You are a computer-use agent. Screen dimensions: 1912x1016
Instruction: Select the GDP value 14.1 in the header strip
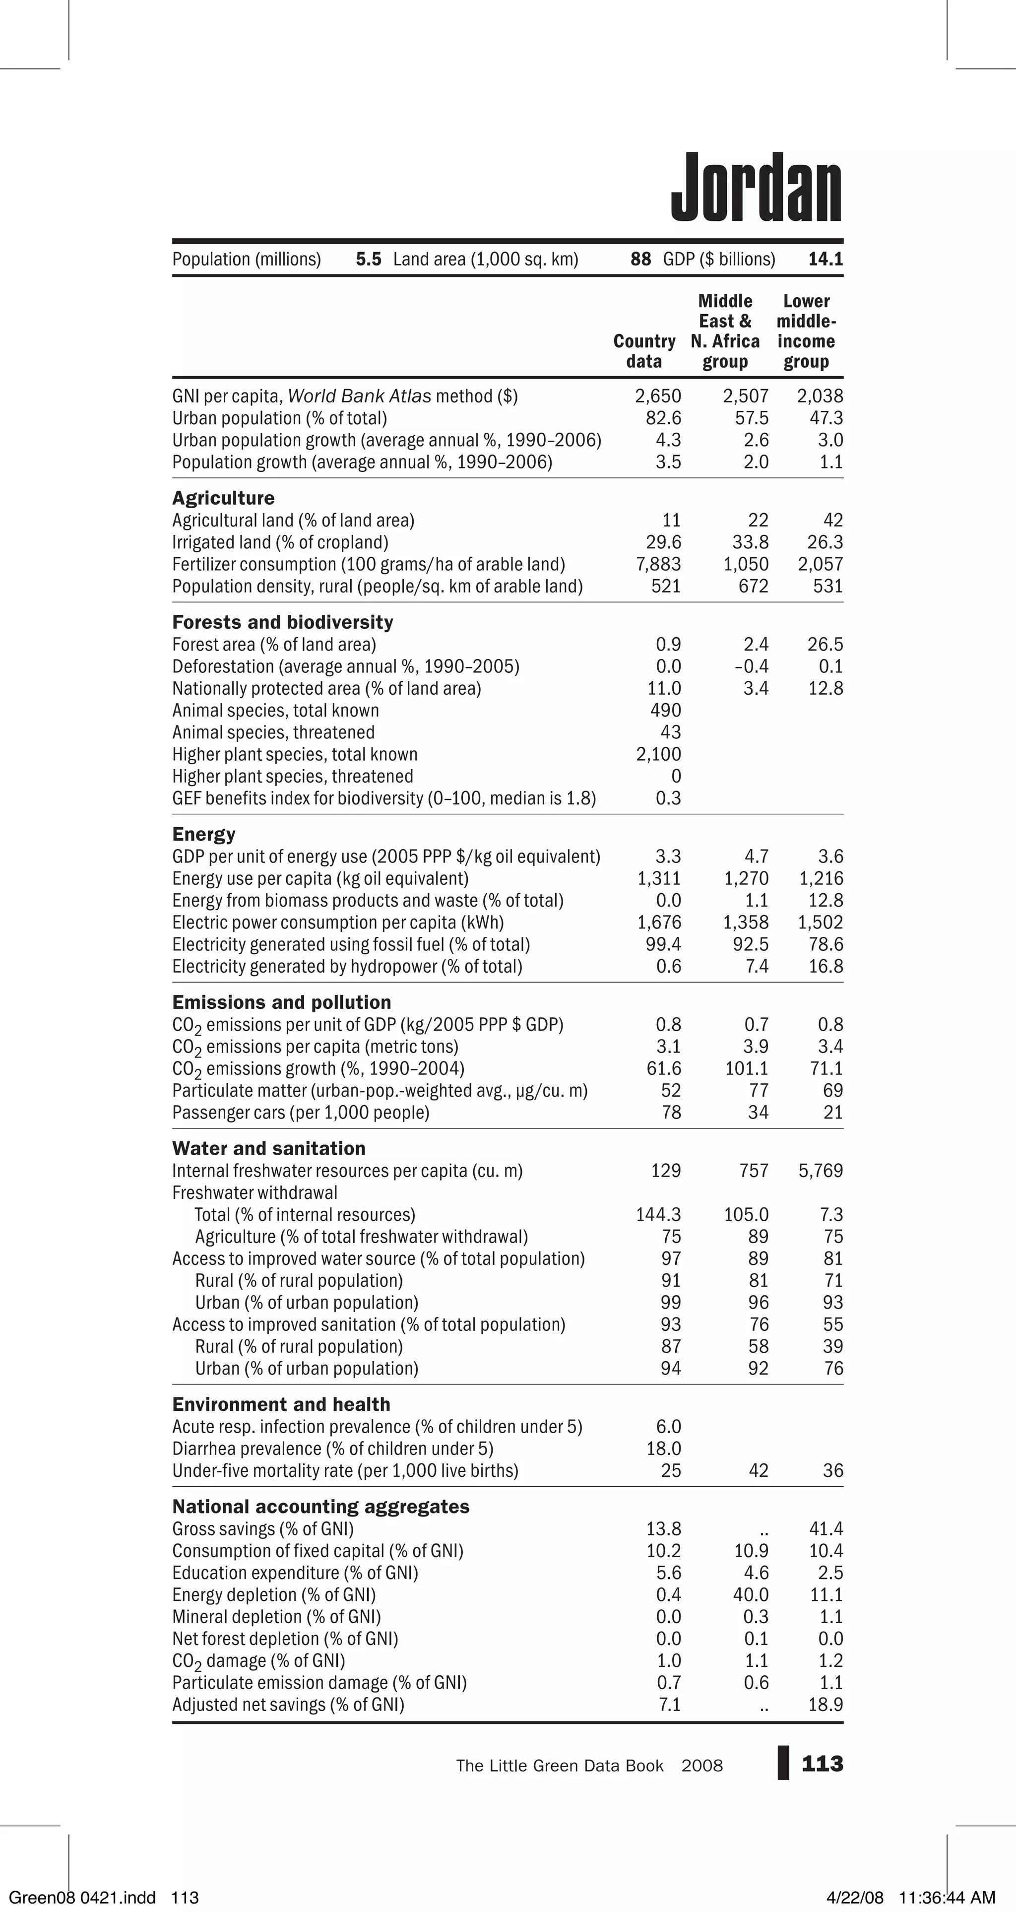coord(825,259)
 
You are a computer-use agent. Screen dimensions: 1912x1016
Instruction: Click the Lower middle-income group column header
coord(806,331)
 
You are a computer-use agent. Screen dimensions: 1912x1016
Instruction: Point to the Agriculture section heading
coord(223,498)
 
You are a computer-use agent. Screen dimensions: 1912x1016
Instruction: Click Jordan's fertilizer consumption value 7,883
coord(658,564)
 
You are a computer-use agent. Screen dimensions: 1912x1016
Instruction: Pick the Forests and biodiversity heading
coord(283,622)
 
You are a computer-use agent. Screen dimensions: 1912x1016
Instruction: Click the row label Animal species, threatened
coord(273,732)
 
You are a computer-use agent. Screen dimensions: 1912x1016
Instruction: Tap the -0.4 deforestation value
coord(751,666)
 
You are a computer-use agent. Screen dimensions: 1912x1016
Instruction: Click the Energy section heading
coord(203,834)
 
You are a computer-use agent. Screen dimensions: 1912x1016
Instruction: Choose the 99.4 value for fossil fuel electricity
coord(663,944)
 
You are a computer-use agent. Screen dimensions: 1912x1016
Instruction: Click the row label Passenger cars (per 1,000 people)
coord(301,1113)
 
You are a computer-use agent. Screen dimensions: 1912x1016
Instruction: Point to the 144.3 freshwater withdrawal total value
coord(658,1214)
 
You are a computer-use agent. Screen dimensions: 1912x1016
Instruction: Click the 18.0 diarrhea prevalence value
coord(663,1449)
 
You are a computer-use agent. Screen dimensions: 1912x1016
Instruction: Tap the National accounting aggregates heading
coord(320,1507)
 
